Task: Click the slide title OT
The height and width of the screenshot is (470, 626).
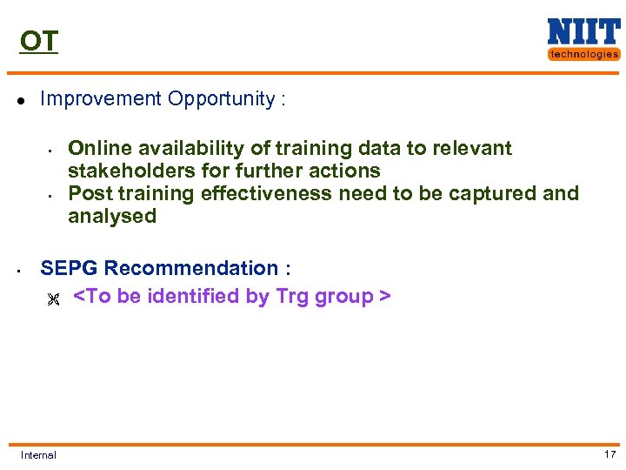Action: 39,41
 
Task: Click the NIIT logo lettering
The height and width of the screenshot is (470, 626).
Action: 583,32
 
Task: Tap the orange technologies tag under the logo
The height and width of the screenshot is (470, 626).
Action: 583,54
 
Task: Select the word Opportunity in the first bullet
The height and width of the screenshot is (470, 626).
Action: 221,99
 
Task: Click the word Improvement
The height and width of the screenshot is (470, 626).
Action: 101,99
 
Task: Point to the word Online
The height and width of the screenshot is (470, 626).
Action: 97,149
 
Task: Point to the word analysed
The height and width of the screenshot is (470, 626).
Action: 112,217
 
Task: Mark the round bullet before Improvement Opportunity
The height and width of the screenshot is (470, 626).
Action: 20,100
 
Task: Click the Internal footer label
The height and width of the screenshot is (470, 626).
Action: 38,455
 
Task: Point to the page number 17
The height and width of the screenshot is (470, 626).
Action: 609,454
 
